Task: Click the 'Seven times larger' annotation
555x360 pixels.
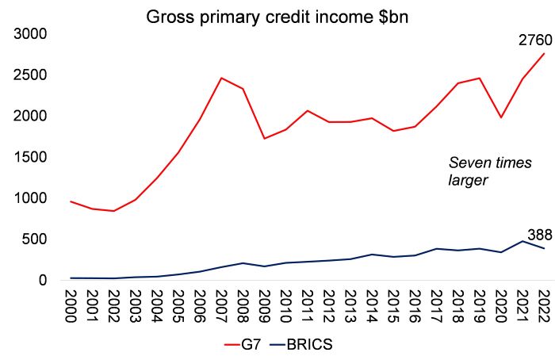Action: [x=480, y=171]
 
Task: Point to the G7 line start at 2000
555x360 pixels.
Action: [x=71, y=201]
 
